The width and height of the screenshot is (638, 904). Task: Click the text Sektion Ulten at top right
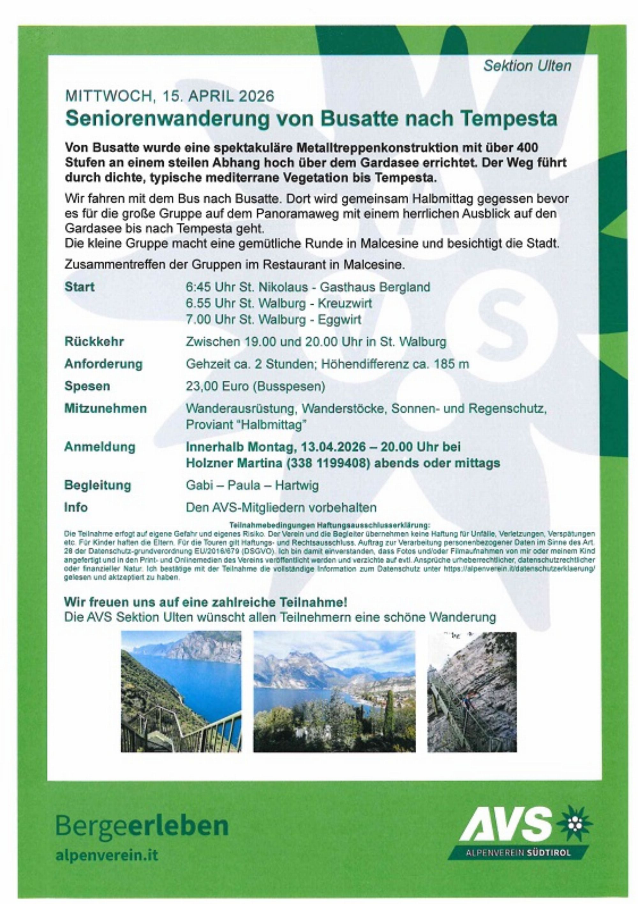[x=527, y=66]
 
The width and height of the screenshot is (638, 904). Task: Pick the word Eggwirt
[x=335, y=320]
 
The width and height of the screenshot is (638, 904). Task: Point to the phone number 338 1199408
[x=329, y=463]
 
